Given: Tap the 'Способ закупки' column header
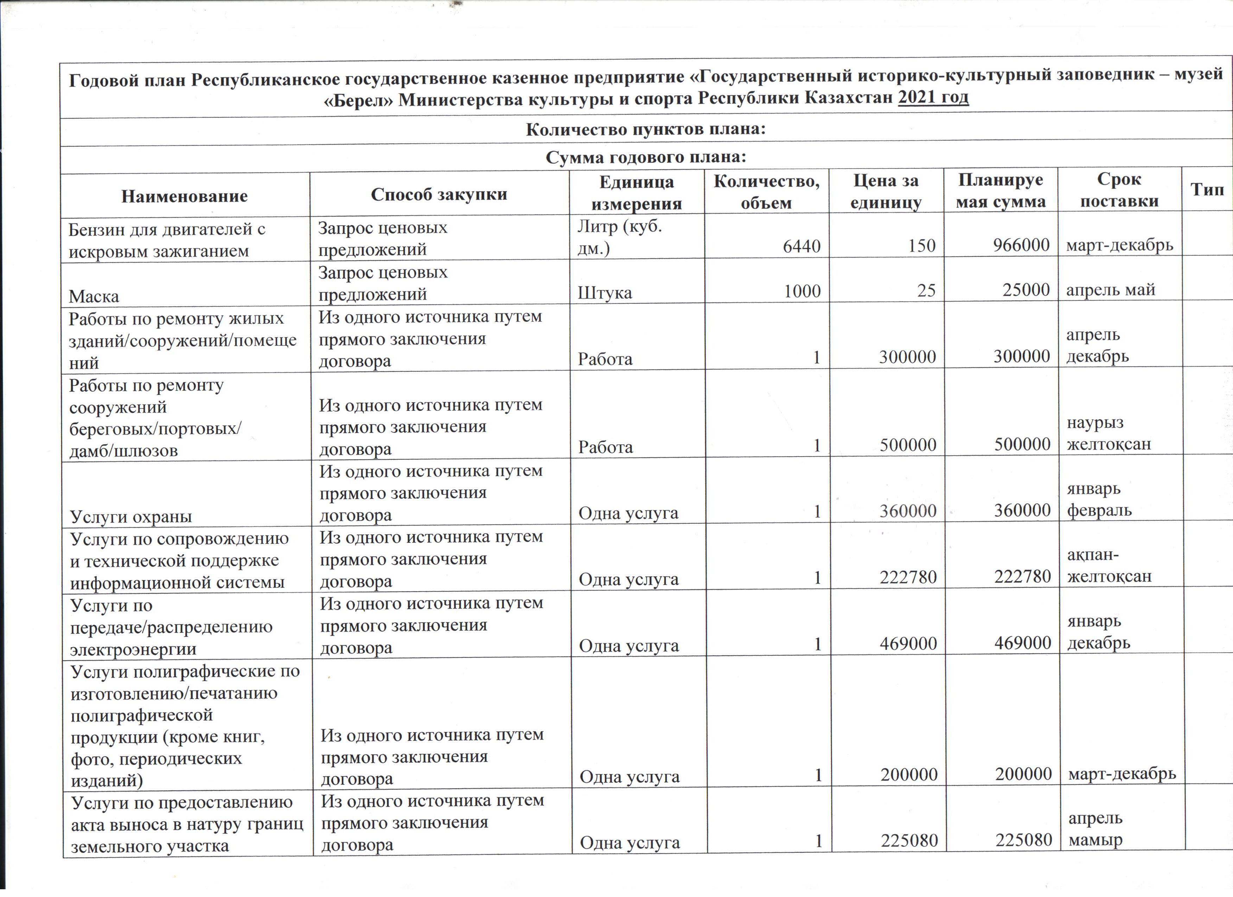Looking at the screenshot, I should (439, 194).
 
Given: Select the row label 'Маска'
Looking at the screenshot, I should (94, 296).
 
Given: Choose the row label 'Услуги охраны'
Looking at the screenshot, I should (131, 516).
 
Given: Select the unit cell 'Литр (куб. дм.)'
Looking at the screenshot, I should (620, 237).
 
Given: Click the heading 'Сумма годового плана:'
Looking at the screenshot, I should (645, 158).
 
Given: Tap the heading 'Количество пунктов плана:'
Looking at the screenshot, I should (645, 129).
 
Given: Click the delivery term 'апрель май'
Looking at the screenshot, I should (1110, 290).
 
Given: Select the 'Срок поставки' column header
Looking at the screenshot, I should (1119, 190).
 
